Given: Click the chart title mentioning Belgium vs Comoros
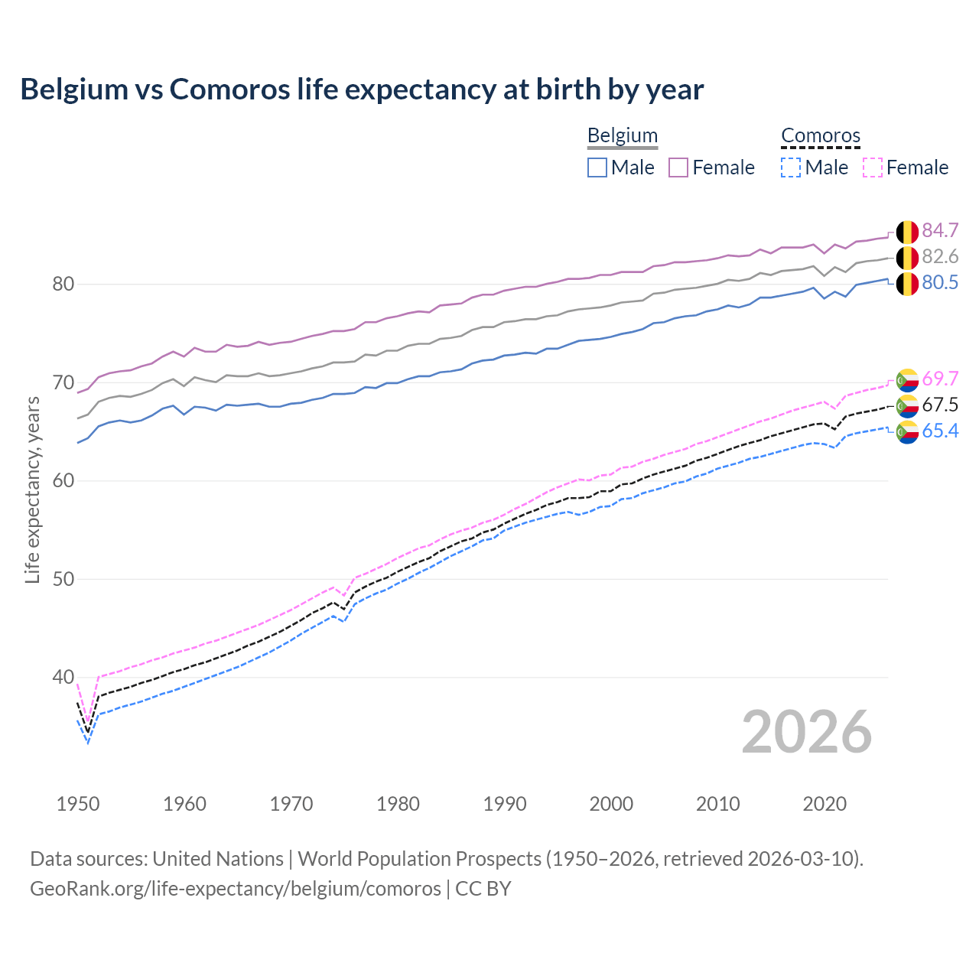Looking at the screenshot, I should (x=362, y=89).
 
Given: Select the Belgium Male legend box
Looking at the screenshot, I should (x=597, y=168).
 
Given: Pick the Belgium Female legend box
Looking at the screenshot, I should (x=678, y=168).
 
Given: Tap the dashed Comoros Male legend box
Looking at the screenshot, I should (x=791, y=168).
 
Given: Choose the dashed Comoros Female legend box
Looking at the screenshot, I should (x=873, y=168).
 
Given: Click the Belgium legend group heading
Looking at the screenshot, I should (x=623, y=135).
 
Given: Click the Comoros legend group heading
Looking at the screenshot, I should (x=821, y=135).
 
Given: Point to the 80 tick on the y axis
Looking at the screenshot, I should (x=63, y=285).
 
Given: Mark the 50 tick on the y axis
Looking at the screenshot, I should (x=63, y=579).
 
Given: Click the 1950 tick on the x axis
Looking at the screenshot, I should (x=78, y=804).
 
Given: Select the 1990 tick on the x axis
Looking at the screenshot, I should (x=505, y=804).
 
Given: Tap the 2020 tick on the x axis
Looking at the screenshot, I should (x=825, y=804).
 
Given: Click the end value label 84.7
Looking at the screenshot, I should (x=940, y=230).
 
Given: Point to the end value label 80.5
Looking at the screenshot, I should (x=940, y=283).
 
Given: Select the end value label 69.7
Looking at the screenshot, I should (x=940, y=379).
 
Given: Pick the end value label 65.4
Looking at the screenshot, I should (x=940, y=431).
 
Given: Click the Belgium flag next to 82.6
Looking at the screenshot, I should (x=907, y=257).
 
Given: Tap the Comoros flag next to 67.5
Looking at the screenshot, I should (x=907, y=405).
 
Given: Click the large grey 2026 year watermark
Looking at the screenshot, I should (x=806, y=732).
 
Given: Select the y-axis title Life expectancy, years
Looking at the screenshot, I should (x=32, y=489).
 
